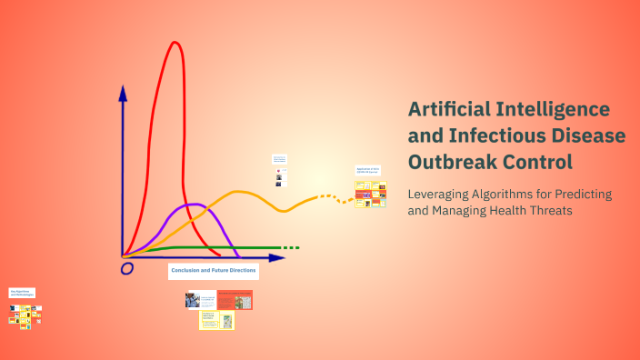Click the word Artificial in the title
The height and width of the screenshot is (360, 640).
451,110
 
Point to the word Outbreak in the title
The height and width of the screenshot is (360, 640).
451,163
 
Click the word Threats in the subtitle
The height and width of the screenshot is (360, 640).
576,211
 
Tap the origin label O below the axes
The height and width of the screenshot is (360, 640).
127,268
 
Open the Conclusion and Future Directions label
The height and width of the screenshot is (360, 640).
214,271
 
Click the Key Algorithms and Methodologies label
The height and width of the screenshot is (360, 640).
22,294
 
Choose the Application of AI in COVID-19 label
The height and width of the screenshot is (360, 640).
367,171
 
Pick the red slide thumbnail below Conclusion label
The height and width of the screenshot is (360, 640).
235,300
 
